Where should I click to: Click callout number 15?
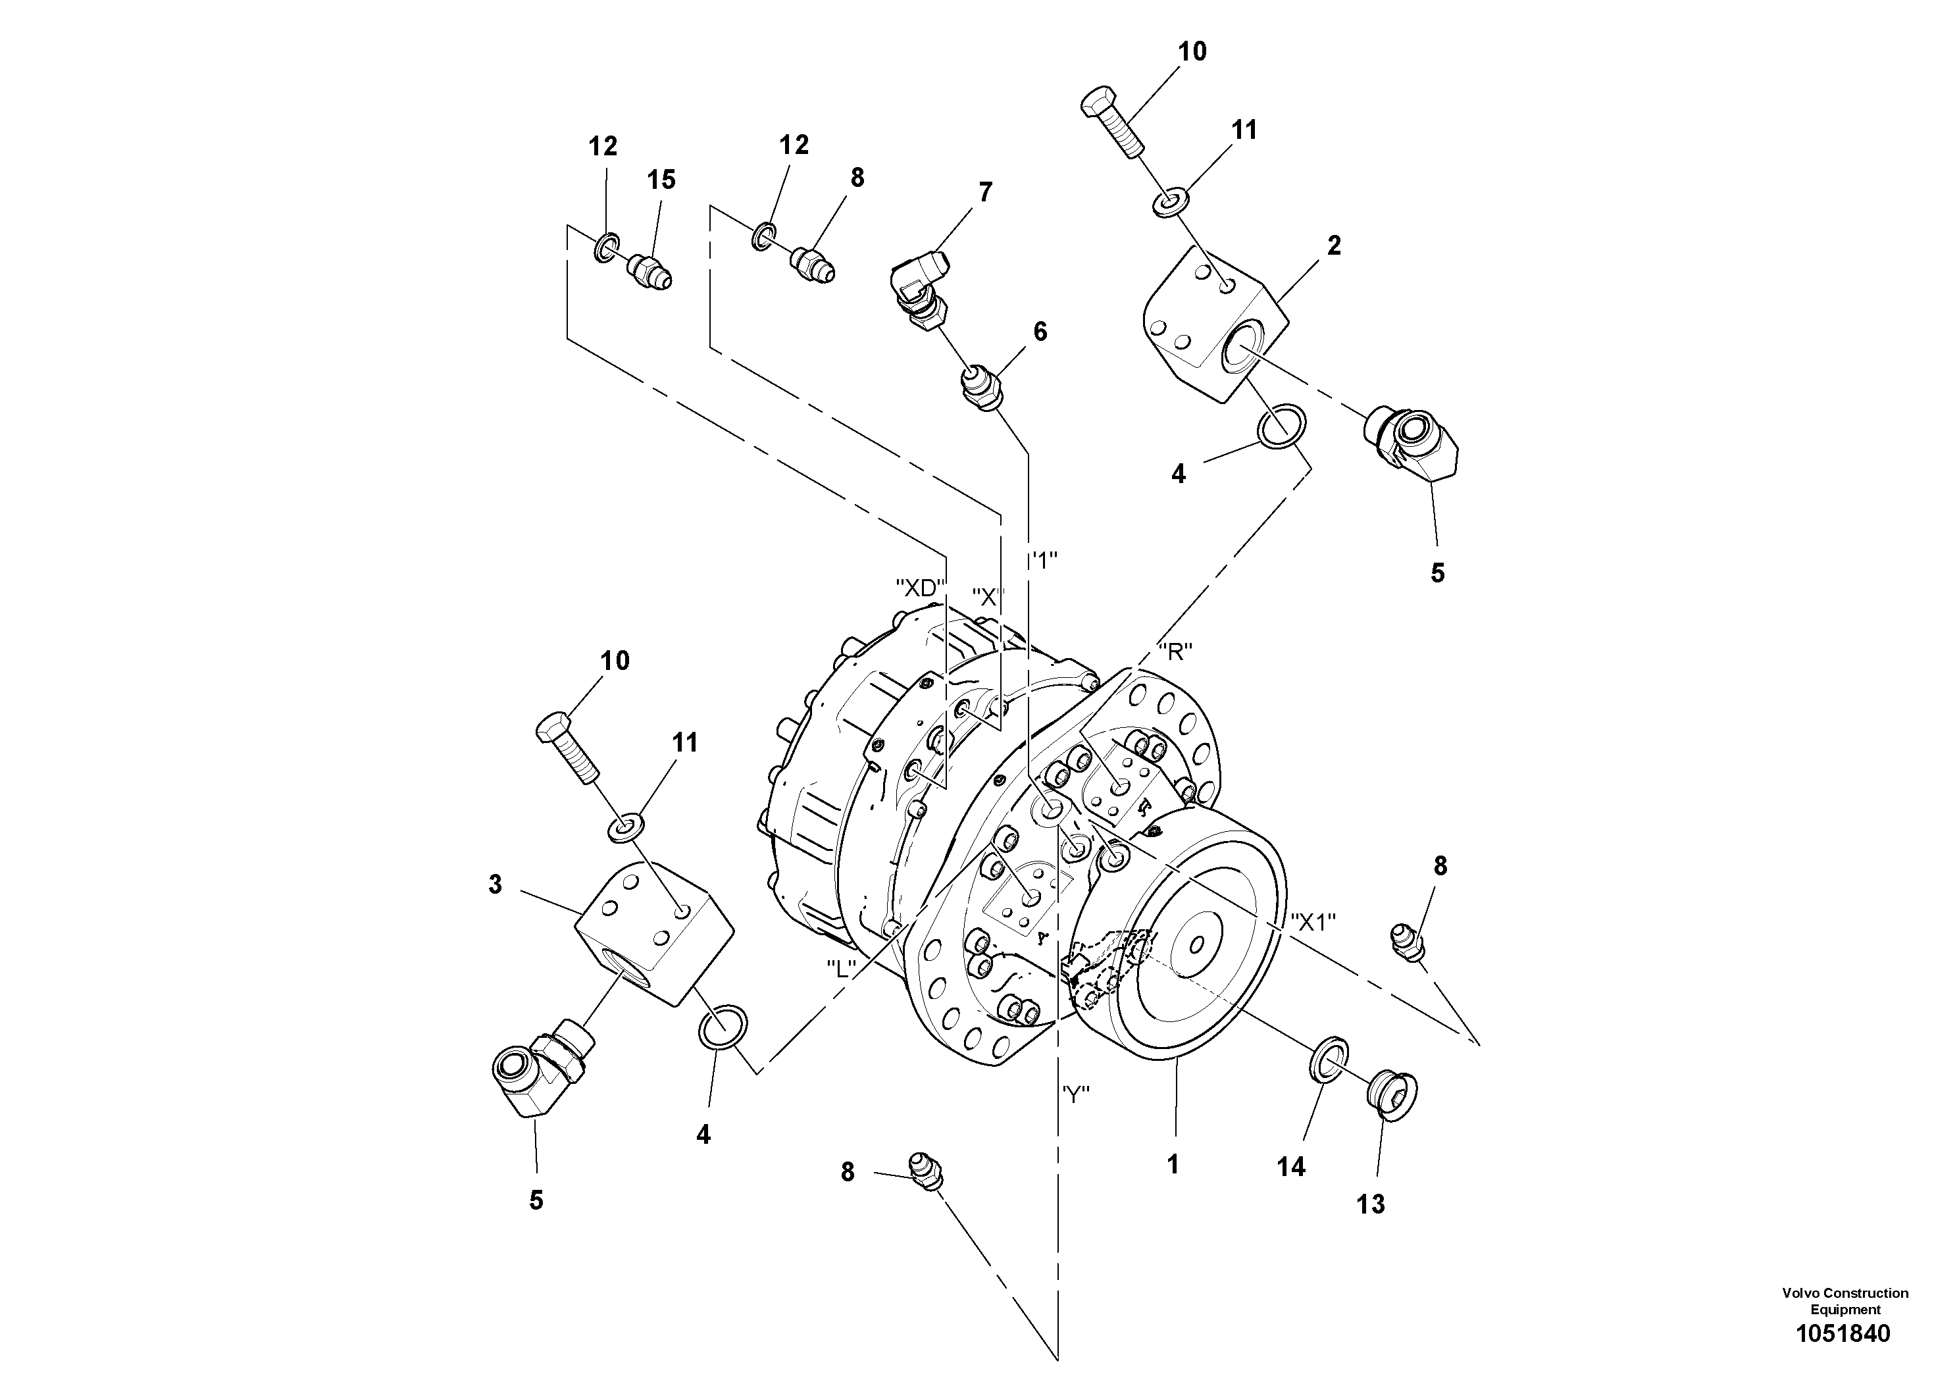(661, 180)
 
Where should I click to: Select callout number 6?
(1040, 332)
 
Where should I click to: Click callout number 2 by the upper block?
(1334, 245)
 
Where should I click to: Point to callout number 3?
(496, 885)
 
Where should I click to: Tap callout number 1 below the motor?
(1173, 1165)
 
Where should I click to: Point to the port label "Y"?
(1076, 1096)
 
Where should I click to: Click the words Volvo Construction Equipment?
(1845, 1300)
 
